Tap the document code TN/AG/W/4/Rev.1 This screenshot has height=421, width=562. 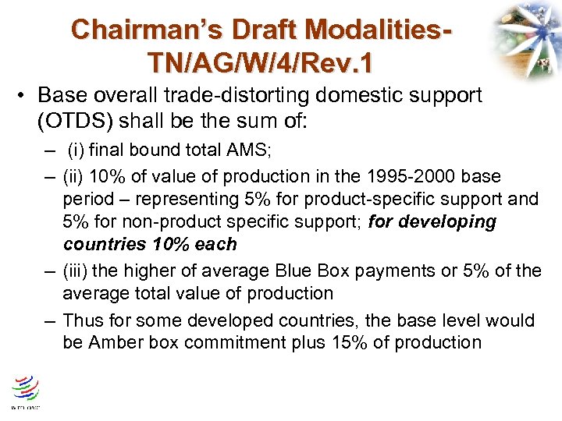point(261,61)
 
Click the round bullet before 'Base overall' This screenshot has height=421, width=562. point(24,96)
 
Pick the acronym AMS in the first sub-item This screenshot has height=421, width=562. point(229,150)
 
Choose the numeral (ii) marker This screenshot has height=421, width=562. point(76,176)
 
